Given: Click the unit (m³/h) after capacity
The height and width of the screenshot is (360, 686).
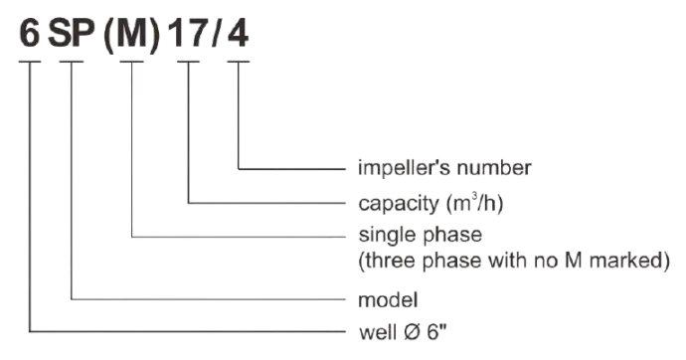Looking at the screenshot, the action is coord(474,203).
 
